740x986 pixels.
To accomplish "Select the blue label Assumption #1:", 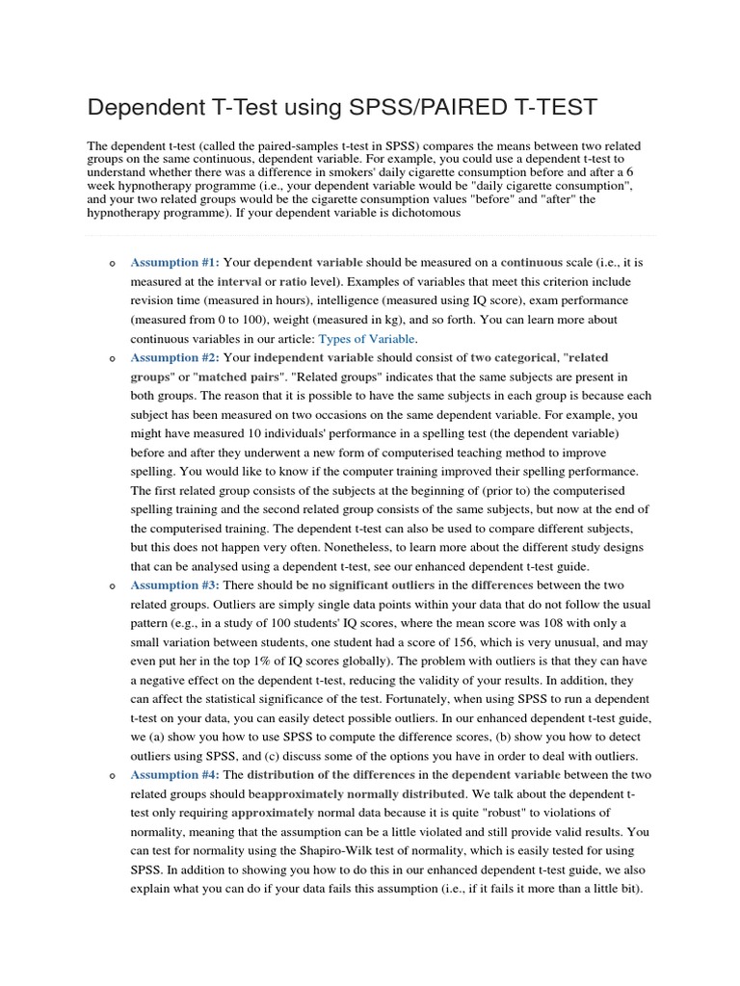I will pos(175,262).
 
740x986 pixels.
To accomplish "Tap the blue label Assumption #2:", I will pos(175,357).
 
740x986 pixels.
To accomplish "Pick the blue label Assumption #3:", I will pos(175,585).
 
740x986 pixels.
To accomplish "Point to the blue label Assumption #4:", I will pos(175,775).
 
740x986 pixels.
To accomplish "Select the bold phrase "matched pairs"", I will pos(233,376).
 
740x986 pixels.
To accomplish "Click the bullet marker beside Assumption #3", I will pos(112,586).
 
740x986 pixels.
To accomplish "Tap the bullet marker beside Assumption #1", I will pos(112,263).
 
